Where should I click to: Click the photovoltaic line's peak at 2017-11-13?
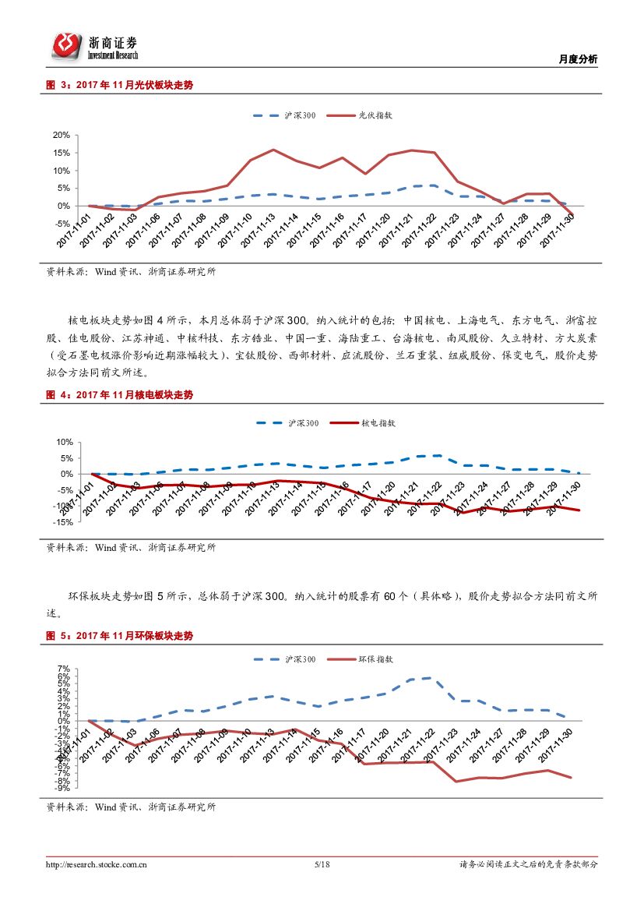tap(273, 150)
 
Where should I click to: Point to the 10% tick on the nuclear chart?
tap(63, 442)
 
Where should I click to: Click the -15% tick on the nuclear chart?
tap(62, 522)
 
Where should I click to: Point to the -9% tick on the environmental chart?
tap(62, 787)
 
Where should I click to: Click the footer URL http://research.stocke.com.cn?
tap(97, 864)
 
